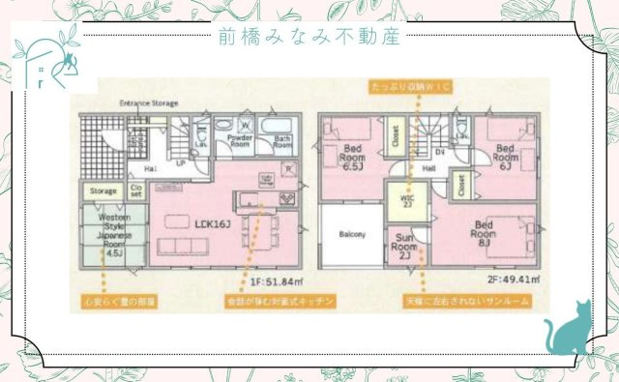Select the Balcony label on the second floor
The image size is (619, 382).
(351, 235)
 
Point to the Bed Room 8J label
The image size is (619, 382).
(485, 231)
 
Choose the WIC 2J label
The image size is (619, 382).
(406, 200)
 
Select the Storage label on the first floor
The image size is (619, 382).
(103, 191)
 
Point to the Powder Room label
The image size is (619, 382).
(240, 141)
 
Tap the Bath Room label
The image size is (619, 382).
(281, 141)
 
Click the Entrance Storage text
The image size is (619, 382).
(148, 102)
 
